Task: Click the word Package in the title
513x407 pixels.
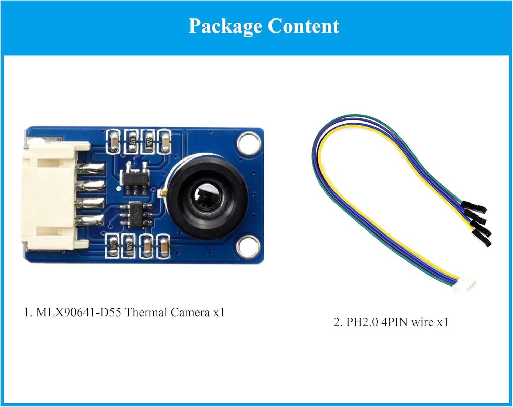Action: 225,26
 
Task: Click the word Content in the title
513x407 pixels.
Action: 303,26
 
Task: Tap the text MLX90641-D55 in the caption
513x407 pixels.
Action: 78,312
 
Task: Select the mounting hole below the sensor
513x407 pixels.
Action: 247,245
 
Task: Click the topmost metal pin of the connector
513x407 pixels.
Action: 91,168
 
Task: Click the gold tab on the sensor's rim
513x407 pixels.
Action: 163,194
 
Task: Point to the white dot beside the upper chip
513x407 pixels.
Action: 118,188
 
